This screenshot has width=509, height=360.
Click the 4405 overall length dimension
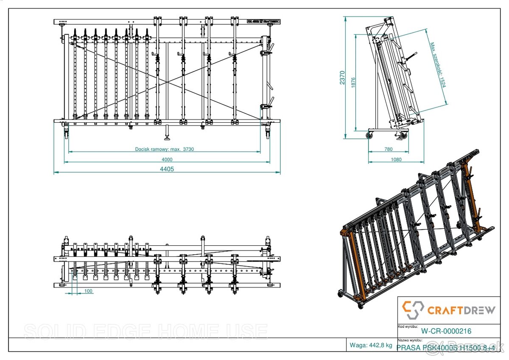[167, 169]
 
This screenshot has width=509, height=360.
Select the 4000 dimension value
[167, 159]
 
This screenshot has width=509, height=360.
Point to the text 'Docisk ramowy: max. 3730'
[164, 149]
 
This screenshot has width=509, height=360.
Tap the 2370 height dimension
[342, 78]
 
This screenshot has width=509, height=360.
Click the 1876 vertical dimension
[353, 83]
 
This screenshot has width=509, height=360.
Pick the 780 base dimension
[388, 149]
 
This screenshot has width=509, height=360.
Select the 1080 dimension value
[395, 159]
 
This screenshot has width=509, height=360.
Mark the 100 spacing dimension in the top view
[88, 291]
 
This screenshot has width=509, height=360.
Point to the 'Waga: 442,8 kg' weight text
[371, 345]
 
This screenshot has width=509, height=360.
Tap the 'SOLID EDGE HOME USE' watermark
[145, 332]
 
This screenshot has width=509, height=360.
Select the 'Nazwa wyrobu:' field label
[410, 340]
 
